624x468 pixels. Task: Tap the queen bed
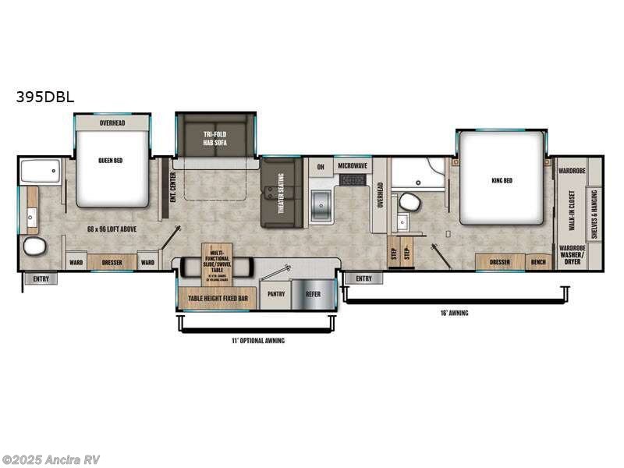coord(112,168)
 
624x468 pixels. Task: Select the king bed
coord(502,179)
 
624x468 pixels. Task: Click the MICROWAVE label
coord(353,166)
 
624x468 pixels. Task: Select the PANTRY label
coord(275,295)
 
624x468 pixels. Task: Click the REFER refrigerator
coord(313,295)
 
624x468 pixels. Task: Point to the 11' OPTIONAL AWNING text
coord(257,341)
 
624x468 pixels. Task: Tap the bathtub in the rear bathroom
coord(41,171)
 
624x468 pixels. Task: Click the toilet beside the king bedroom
coord(409,203)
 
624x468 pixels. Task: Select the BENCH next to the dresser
coord(538,262)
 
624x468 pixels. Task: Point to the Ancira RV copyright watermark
coord(51,459)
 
